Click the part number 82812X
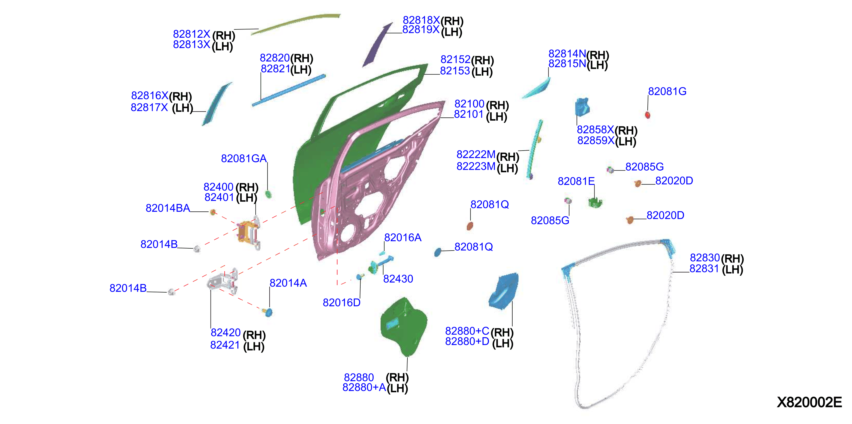[191, 34]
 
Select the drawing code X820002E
[809, 402]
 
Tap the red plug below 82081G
[648, 115]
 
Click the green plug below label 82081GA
[269, 194]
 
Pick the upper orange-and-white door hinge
[249, 232]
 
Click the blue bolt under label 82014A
[268, 312]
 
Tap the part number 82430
[398, 279]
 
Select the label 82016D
[342, 303]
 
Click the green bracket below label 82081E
[595, 202]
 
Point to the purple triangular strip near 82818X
[377, 45]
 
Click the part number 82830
[705, 257]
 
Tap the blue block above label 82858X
[583, 107]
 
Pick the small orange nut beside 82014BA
[213, 212]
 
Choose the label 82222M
[476, 154]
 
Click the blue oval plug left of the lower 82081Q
[438, 252]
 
